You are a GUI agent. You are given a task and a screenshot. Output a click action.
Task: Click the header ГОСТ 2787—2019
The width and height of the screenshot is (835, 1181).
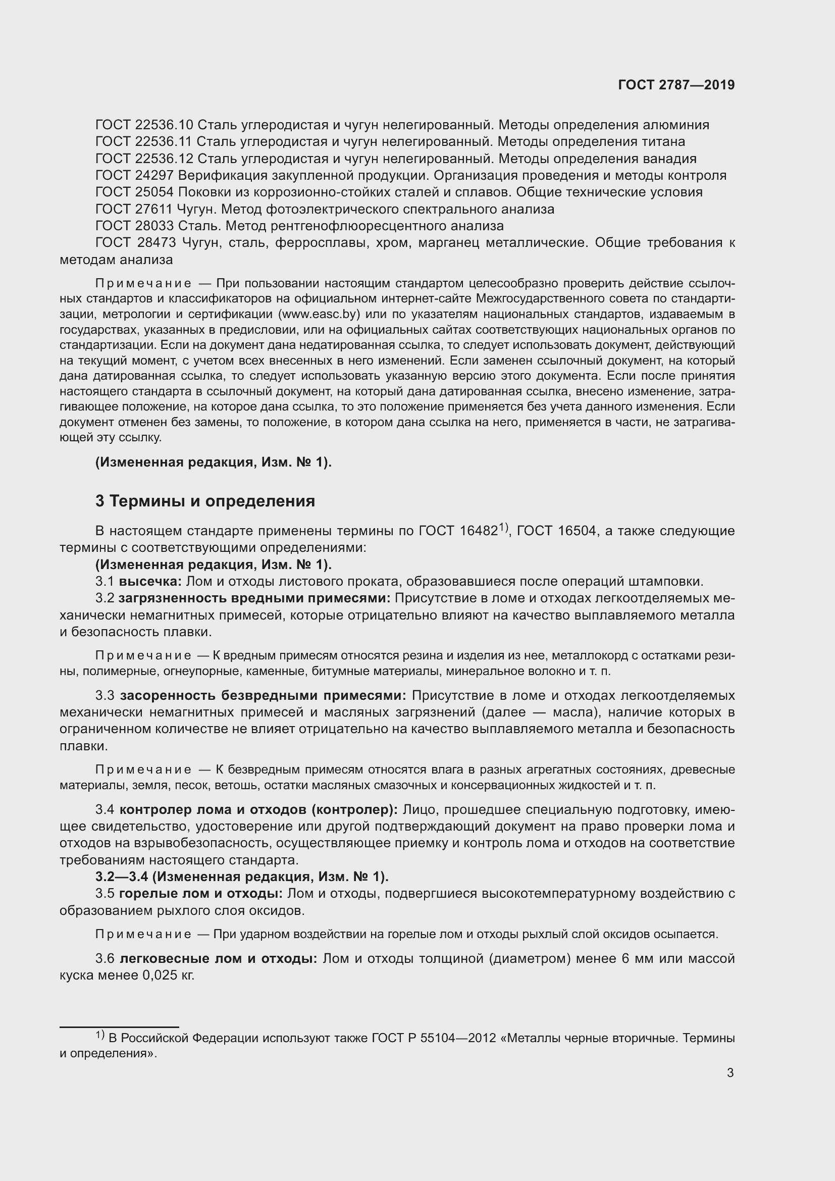[x=676, y=85]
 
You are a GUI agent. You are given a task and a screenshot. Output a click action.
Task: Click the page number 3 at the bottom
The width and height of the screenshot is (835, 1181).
[x=730, y=1072]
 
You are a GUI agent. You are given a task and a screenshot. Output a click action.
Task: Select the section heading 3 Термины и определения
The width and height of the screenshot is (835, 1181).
[x=205, y=501]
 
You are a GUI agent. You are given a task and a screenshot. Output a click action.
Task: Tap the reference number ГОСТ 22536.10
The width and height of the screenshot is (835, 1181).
[x=144, y=125]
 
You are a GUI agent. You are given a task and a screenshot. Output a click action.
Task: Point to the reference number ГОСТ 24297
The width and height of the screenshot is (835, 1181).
[x=135, y=175]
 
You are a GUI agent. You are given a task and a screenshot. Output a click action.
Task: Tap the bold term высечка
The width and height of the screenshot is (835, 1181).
[x=150, y=582]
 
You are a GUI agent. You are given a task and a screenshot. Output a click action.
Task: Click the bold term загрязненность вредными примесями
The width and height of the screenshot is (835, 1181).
[x=254, y=598]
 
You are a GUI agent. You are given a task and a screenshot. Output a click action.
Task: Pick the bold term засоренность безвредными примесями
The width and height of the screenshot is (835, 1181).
[x=263, y=696]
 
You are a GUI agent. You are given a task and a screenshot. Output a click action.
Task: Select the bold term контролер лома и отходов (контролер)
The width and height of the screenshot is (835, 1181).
[x=258, y=809]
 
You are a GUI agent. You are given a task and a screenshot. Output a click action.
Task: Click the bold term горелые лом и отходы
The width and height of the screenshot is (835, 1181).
[x=200, y=894]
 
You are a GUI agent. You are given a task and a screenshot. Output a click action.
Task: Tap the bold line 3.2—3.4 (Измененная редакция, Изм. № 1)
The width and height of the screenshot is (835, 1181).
[x=242, y=877]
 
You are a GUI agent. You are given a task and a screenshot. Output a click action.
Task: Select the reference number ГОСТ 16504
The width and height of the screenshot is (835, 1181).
[x=557, y=531]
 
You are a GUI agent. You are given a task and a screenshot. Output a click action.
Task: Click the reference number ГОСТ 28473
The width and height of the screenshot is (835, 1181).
[x=136, y=243]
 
